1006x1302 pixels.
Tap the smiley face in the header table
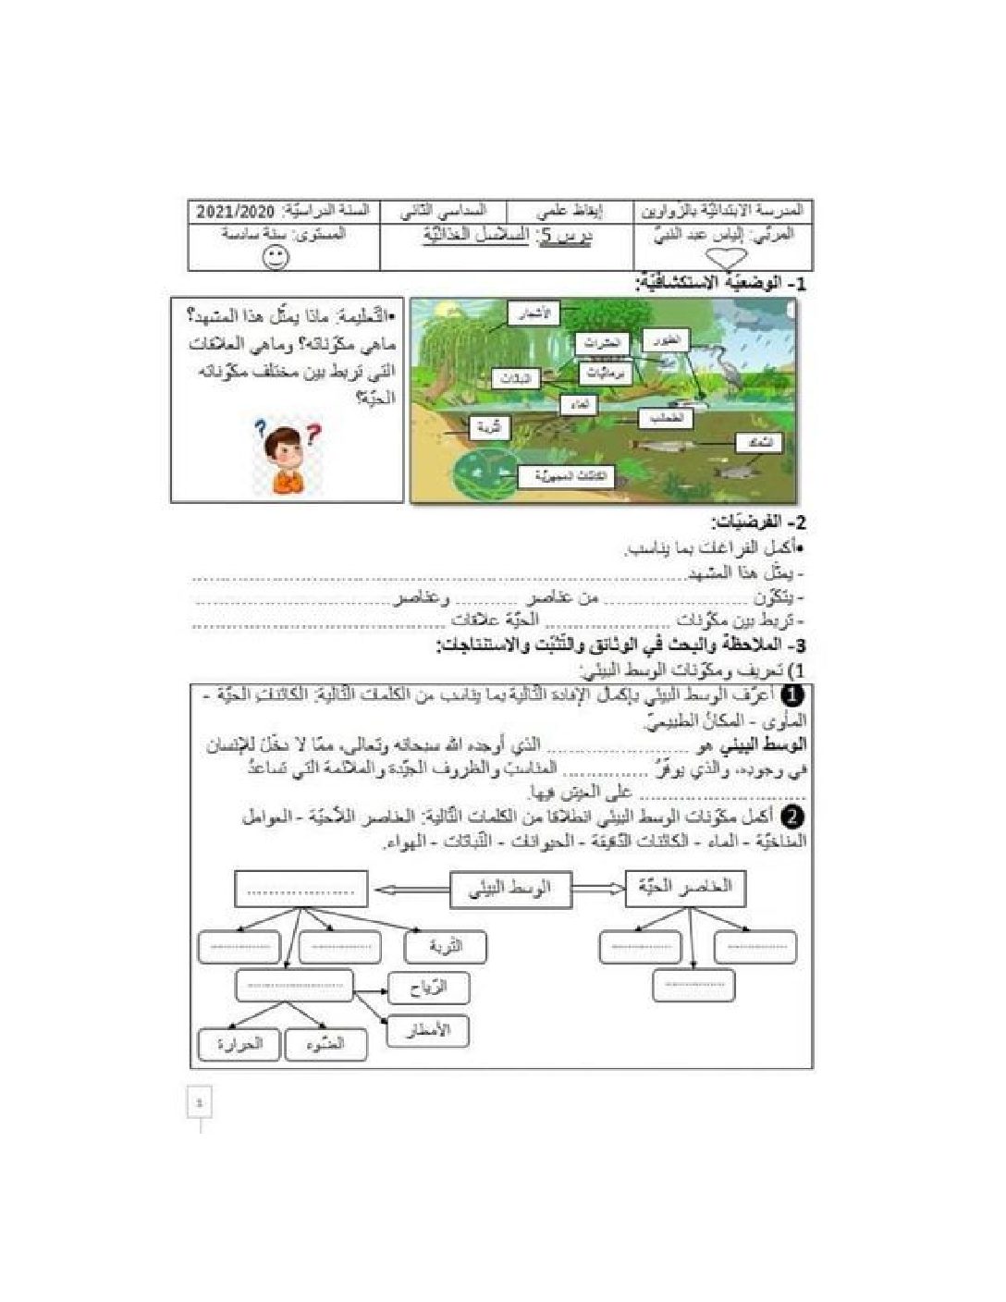pyautogui.click(x=276, y=256)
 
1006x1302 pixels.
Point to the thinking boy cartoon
pyautogui.click(x=288, y=455)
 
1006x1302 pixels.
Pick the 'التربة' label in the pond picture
pyautogui.click(x=490, y=428)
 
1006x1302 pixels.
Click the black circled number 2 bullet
pyautogui.click(x=792, y=817)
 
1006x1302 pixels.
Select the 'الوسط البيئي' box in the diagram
pyautogui.click(x=511, y=889)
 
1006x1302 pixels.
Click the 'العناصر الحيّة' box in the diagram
pyautogui.click(x=685, y=888)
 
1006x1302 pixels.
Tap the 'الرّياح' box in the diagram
pyautogui.click(x=428, y=988)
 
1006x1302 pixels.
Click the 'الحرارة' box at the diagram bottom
pyautogui.click(x=239, y=1044)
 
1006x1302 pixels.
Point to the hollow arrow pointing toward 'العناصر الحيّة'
pyautogui.click(x=598, y=890)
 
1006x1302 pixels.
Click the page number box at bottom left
pyautogui.click(x=200, y=1102)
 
